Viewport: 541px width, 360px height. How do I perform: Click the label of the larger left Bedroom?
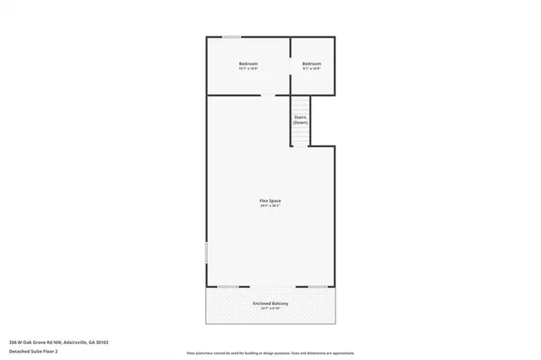coord(249,64)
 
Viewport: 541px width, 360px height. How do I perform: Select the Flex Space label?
coord(270,200)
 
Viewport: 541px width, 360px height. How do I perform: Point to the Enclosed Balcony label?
coord(270,303)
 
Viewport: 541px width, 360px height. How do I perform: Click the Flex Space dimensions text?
coord(270,205)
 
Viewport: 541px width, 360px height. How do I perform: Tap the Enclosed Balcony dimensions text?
coord(270,308)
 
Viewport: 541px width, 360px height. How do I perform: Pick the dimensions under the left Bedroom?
coord(249,69)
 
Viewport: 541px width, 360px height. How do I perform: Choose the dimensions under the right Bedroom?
coord(312,69)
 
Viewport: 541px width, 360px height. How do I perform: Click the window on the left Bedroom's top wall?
coord(231,36)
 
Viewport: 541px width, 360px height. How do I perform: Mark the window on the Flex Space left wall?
coord(207,253)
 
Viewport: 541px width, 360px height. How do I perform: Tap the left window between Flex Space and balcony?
coord(227,286)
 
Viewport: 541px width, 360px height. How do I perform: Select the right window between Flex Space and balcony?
coord(318,286)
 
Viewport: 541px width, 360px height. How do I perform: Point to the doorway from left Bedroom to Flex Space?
coord(266,95)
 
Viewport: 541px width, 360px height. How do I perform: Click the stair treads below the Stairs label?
coord(301,136)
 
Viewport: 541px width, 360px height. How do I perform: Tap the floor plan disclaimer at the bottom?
coord(270,352)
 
